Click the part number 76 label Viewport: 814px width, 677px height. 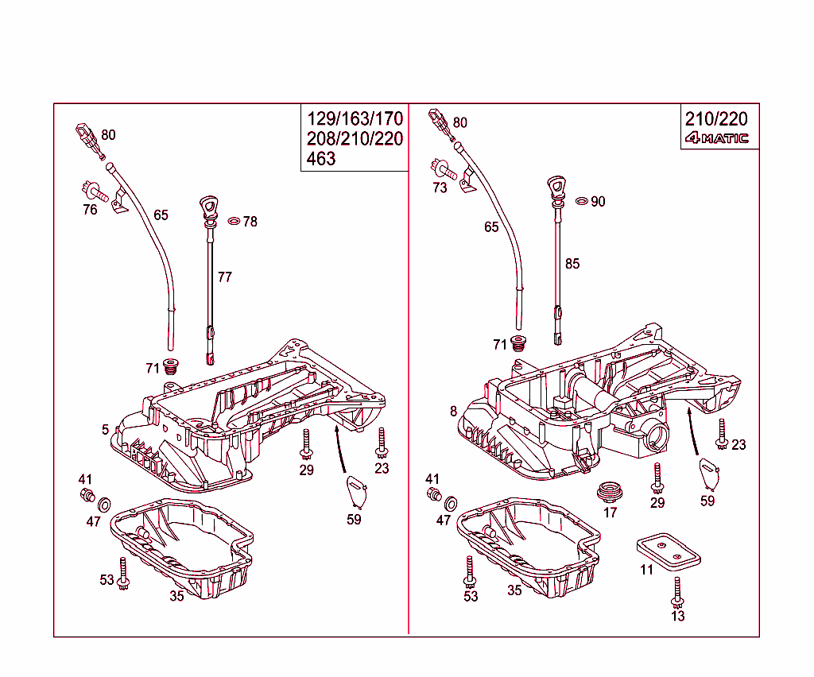click(90, 209)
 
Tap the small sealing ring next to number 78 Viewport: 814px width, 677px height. click(235, 221)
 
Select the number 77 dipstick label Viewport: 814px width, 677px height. click(225, 277)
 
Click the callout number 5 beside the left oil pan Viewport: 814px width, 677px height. click(105, 430)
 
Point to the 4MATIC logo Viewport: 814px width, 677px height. click(717, 138)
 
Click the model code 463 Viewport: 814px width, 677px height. click(322, 159)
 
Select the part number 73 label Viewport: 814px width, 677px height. click(440, 188)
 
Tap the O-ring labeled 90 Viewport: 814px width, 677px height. click(581, 201)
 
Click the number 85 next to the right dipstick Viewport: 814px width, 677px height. click(572, 264)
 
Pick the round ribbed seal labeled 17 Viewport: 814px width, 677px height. click(610, 489)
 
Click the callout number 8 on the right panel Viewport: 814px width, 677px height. click(453, 411)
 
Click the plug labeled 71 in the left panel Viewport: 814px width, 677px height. click(171, 366)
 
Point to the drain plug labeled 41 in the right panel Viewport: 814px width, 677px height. click(434, 495)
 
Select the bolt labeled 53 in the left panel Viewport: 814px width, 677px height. click(123, 573)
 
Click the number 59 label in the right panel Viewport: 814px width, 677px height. click(707, 501)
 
